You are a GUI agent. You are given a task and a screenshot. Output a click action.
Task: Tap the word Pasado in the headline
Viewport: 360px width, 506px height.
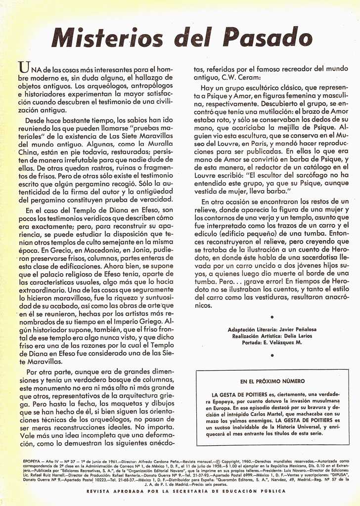269,39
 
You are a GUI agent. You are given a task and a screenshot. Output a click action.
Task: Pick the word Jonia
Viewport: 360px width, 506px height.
135,250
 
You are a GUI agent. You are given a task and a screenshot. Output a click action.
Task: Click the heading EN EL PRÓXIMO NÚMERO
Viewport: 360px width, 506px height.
272,381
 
